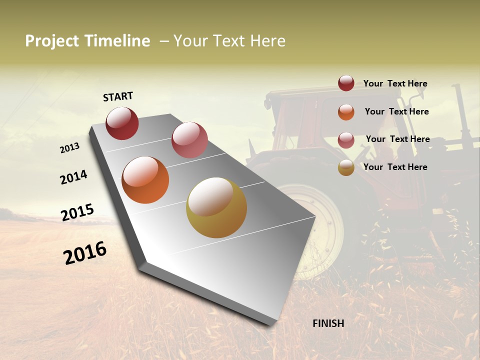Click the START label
point(118,96)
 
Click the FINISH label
point(328,323)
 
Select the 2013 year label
point(69,148)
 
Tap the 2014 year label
point(74,177)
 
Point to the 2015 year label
point(77,212)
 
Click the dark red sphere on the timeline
point(122,123)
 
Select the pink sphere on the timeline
point(189,140)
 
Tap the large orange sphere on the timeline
point(145,180)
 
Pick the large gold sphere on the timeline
point(216,207)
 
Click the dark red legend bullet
point(346,83)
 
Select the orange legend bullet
point(346,112)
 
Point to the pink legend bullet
point(346,140)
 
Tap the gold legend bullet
point(346,168)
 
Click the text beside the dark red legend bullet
point(395,83)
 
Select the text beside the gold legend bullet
point(395,167)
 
